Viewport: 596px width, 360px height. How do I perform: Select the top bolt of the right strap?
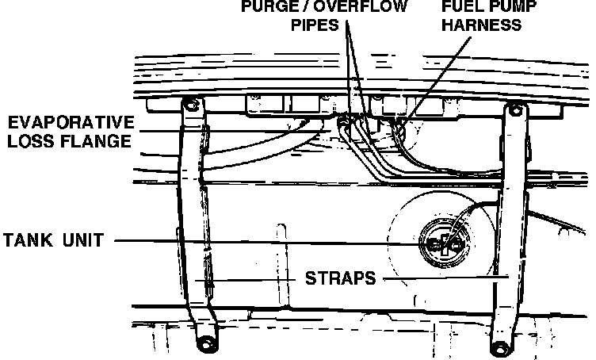pos(517,109)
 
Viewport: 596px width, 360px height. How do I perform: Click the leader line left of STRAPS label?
pos(254,280)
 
